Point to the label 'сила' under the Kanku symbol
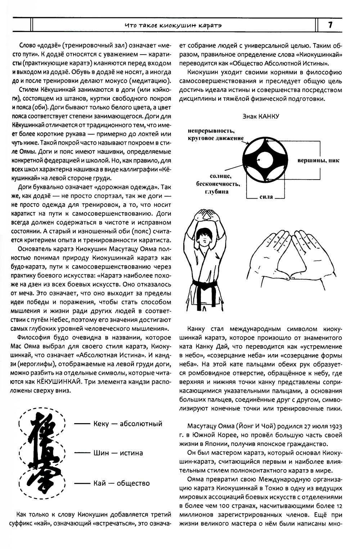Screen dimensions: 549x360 (266, 197)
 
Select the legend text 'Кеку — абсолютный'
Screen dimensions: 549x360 (127, 423)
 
